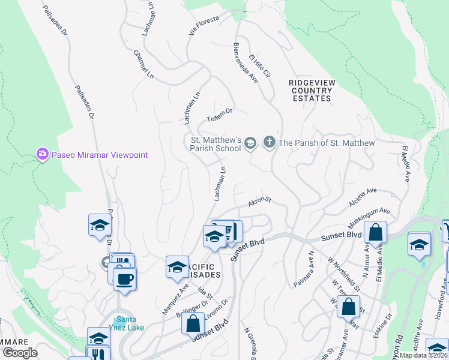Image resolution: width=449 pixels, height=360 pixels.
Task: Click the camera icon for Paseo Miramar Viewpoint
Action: tap(43, 155)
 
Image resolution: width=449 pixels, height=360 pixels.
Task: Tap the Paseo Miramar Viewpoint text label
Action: tap(99, 155)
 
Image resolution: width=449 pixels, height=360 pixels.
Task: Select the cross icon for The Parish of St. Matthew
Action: tap(269, 143)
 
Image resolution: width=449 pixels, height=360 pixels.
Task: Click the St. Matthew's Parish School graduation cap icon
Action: tap(250, 143)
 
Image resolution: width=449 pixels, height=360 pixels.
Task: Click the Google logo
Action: tap(20, 353)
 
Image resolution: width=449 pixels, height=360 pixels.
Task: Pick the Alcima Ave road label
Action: tap(362, 196)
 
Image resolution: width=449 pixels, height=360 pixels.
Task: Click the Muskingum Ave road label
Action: tap(370, 215)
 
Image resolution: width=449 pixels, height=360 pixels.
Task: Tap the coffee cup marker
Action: tap(124, 280)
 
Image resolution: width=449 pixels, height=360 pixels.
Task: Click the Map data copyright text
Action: tap(423, 355)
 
